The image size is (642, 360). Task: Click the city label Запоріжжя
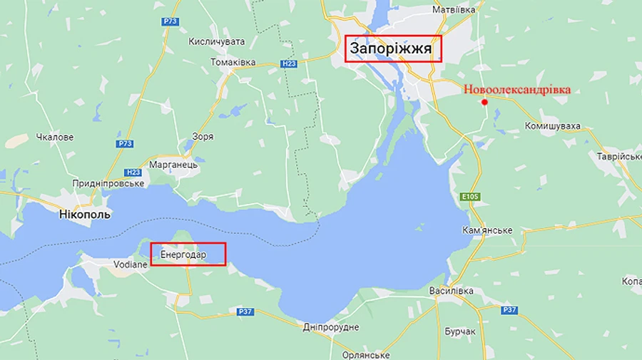[x=391, y=48]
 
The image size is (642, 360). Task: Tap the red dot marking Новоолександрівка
[x=485, y=102]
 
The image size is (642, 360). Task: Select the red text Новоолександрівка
[x=517, y=90]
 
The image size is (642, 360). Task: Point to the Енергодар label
[x=183, y=254]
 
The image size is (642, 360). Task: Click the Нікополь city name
[x=84, y=213]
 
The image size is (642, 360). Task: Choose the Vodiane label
[x=130, y=264]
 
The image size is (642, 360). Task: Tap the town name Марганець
[x=173, y=165]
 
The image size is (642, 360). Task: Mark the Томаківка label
[x=233, y=62]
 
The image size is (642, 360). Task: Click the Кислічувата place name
[x=216, y=42]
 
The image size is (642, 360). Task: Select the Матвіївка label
[x=454, y=10]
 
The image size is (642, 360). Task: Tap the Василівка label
[x=451, y=292]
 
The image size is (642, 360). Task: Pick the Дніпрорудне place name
[x=330, y=327]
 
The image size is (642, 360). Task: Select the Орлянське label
[x=365, y=355]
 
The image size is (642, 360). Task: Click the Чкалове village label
[x=55, y=137]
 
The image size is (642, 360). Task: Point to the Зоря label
[x=203, y=136]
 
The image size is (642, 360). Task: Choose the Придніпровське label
[x=108, y=183]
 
